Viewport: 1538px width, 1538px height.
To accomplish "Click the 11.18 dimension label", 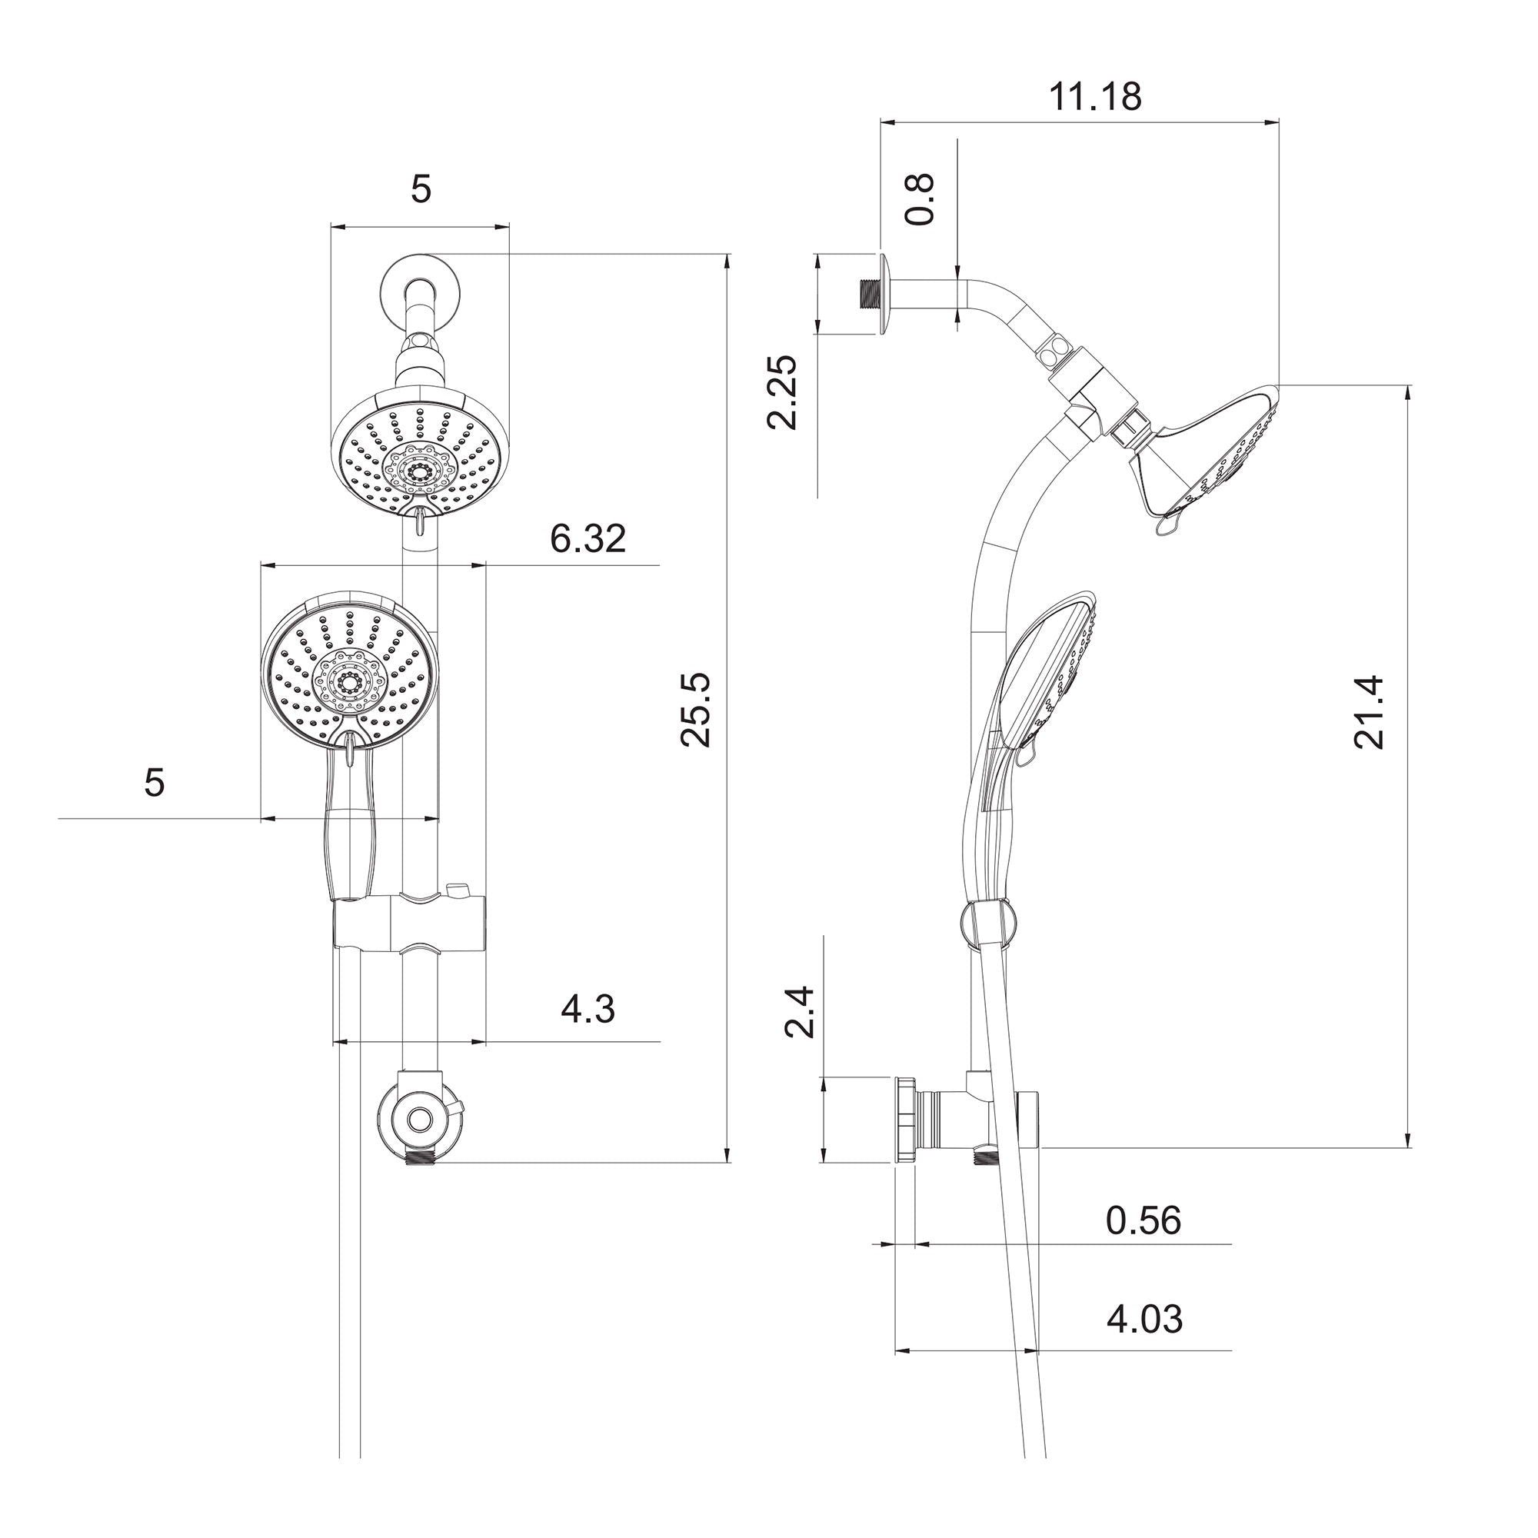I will [x=1094, y=97].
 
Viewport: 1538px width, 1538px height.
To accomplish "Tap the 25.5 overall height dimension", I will [x=697, y=709].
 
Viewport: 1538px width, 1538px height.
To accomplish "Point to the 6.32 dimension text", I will [x=588, y=539].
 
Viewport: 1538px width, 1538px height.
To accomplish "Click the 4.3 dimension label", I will [x=588, y=1010].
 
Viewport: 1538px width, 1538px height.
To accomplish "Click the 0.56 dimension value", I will [x=1144, y=1220].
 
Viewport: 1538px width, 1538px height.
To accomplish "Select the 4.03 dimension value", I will [x=1144, y=1319].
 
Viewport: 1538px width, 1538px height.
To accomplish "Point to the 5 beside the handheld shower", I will [x=155, y=784].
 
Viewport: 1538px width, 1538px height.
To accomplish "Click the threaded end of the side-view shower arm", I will [x=867, y=293].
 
